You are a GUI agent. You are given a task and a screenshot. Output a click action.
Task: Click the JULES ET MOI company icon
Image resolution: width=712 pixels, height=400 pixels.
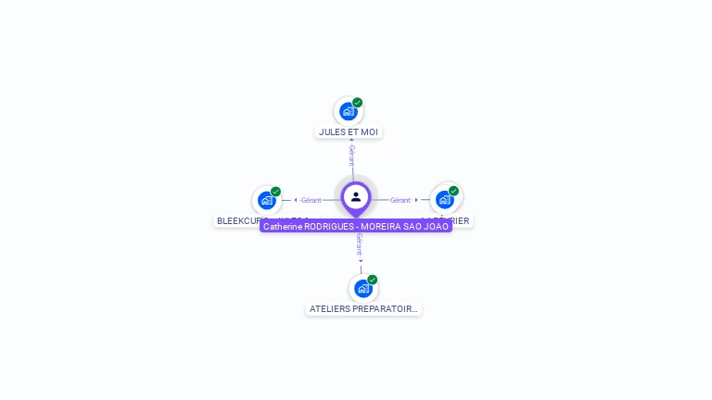pyautogui.click(x=348, y=111)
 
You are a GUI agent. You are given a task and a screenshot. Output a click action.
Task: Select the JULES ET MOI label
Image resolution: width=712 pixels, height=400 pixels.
pyautogui.click(x=349, y=131)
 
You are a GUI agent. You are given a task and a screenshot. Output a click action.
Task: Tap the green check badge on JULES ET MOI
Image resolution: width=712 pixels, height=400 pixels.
pyautogui.click(x=358, y=103)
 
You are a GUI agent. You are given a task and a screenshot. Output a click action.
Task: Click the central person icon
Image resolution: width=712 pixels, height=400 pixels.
pyautogui.click(x=356, y=196)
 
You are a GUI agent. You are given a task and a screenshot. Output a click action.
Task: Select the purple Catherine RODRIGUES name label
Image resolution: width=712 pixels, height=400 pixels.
pyautogui.click(x=356, y=226)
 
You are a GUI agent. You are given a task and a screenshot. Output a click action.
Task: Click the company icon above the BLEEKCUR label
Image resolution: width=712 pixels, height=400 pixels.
pyautogui.click(x=267, y=200)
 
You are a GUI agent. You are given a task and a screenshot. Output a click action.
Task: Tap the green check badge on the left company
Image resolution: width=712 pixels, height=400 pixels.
pyautogui.click(x=276, y=192)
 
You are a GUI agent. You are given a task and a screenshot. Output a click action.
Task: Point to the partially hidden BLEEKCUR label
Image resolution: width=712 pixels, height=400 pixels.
pyautogui.click(x=237, y=220)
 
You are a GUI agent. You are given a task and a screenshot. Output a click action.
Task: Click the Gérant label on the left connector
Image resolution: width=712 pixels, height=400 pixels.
pyautogui.click(x=311, y=200)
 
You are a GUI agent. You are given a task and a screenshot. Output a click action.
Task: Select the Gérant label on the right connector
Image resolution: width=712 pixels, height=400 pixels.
pyautogui.click(x=400, y=200)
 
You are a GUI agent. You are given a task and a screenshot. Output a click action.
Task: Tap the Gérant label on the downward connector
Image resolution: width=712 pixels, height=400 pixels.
pyautogui.click(x=359, y=244)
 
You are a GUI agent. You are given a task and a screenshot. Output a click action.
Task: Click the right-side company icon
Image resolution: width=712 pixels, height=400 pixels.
pyautogui.click(x=445, y=199)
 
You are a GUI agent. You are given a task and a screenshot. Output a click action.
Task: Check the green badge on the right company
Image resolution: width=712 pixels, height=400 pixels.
pyautogui.click(x=454, y=191)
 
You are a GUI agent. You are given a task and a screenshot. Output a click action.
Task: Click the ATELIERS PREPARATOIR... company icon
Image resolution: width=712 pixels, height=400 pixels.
pyautogui.click(x=362, y=288)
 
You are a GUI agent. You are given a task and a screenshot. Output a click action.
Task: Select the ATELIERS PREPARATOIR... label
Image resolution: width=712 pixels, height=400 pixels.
pyautogui.click(x=363, y=308)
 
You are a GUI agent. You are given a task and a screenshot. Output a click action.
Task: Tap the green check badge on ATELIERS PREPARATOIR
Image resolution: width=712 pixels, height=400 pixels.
pyautogui.click(x=373, y=280)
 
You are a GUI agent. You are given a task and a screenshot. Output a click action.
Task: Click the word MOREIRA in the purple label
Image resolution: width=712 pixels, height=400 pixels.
pyautogui.click(x=380, y=226)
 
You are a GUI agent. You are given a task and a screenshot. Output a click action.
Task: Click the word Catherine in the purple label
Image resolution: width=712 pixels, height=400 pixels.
pyautogui.click(x=282, y=226)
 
